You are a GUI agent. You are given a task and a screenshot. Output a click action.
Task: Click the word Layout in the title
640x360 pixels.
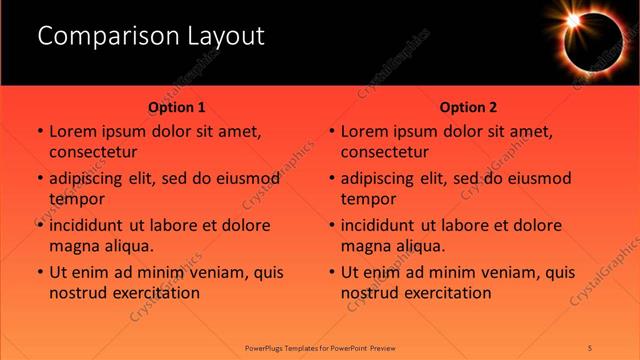tap(227, 36)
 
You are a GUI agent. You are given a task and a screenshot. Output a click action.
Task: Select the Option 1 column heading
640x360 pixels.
tap(177, 107)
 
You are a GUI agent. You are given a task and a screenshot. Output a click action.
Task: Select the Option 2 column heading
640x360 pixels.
tap(468, 107)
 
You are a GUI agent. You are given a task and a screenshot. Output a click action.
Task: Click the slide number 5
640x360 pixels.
tap(591, 347)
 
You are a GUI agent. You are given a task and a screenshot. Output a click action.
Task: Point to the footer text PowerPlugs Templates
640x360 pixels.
tap(290, 347)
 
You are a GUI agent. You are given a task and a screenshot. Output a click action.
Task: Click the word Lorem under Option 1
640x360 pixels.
tap(73, 131)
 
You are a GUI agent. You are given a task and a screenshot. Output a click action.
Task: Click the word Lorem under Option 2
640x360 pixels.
tap(365, 131)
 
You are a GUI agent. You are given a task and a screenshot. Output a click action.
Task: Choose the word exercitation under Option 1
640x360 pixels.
tap(153, 293)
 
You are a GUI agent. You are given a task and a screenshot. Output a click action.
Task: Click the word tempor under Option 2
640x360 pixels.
tap(369, 199)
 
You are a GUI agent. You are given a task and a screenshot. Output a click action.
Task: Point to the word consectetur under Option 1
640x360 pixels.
tap(93, 152)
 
